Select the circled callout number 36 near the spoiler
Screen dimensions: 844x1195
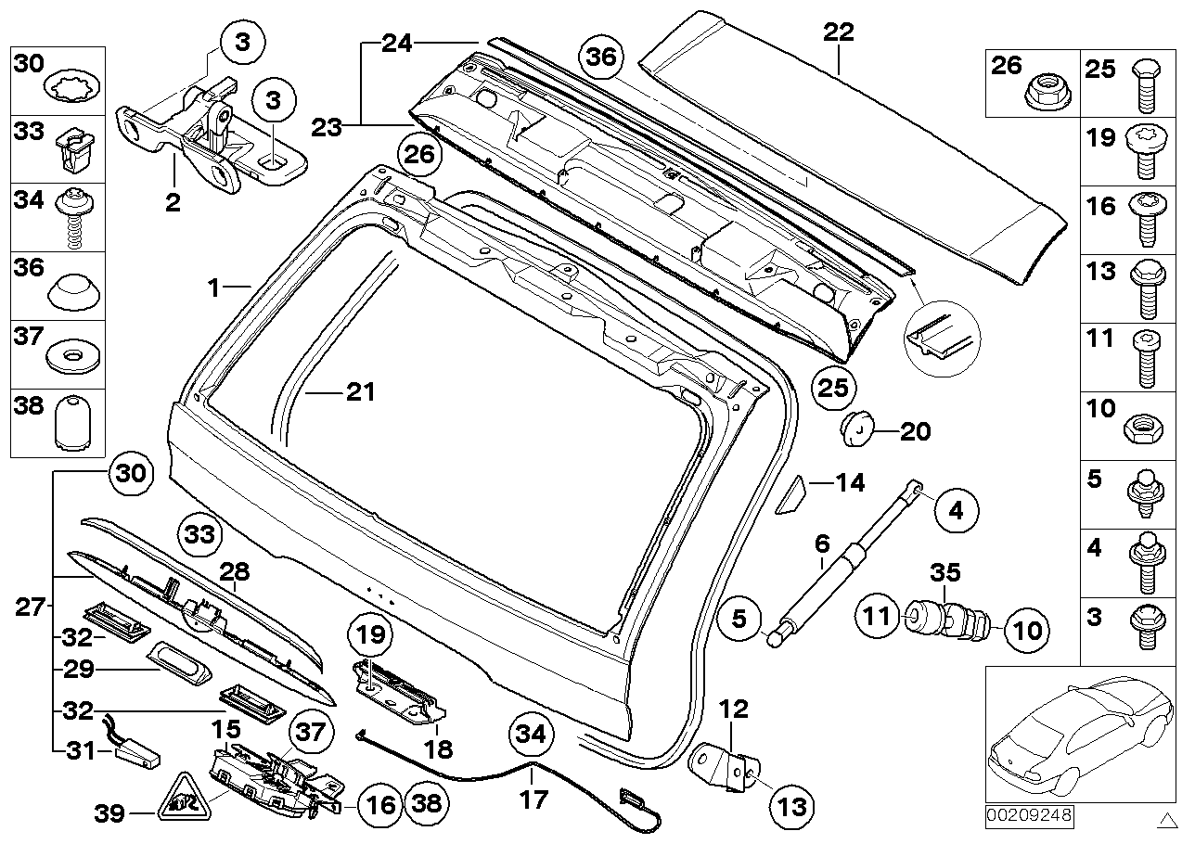[600, 58]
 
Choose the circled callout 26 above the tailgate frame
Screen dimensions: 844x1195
[418, 156]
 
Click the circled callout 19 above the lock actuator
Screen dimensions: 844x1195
[371, 635]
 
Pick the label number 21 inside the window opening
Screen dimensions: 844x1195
[360, 392]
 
